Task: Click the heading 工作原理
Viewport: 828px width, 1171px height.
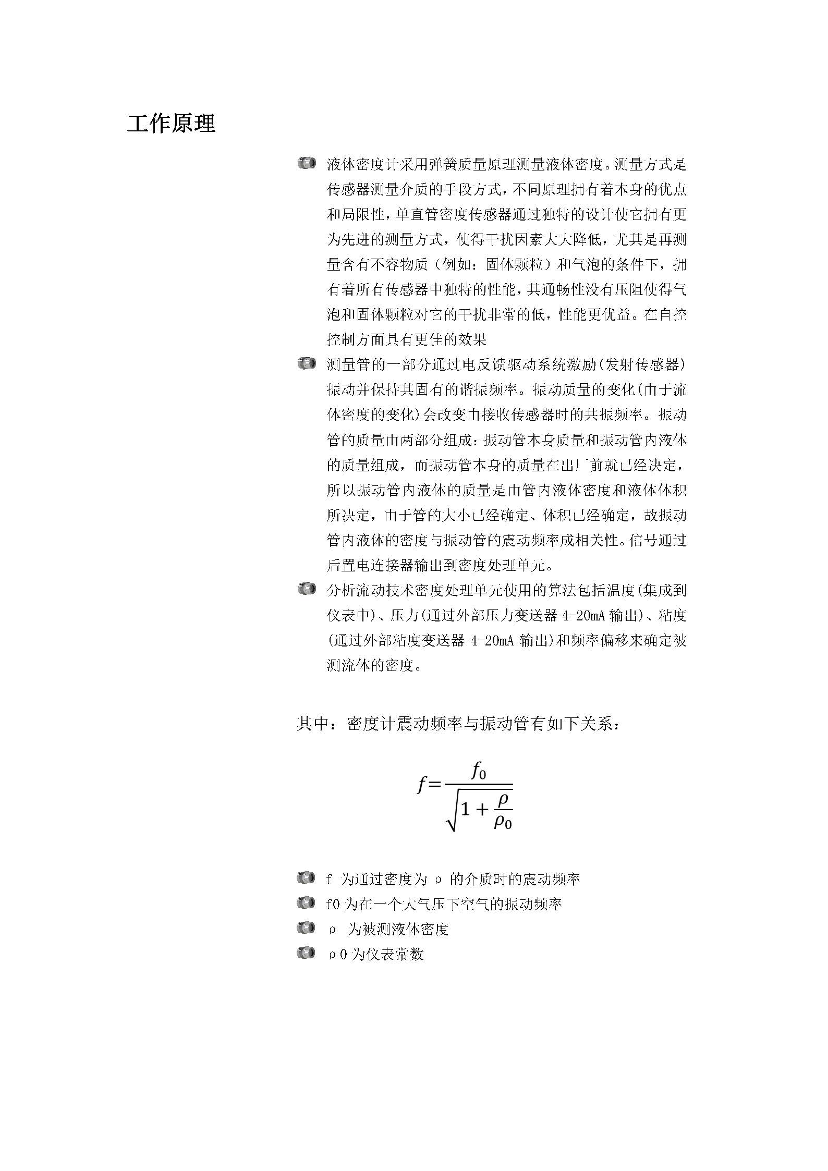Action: pos(171,124)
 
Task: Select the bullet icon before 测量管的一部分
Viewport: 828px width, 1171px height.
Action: pos(307,363)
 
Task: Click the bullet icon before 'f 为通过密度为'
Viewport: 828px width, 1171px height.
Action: pos(307,878)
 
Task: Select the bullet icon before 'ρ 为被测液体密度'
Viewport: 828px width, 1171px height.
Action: pos(307,929)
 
